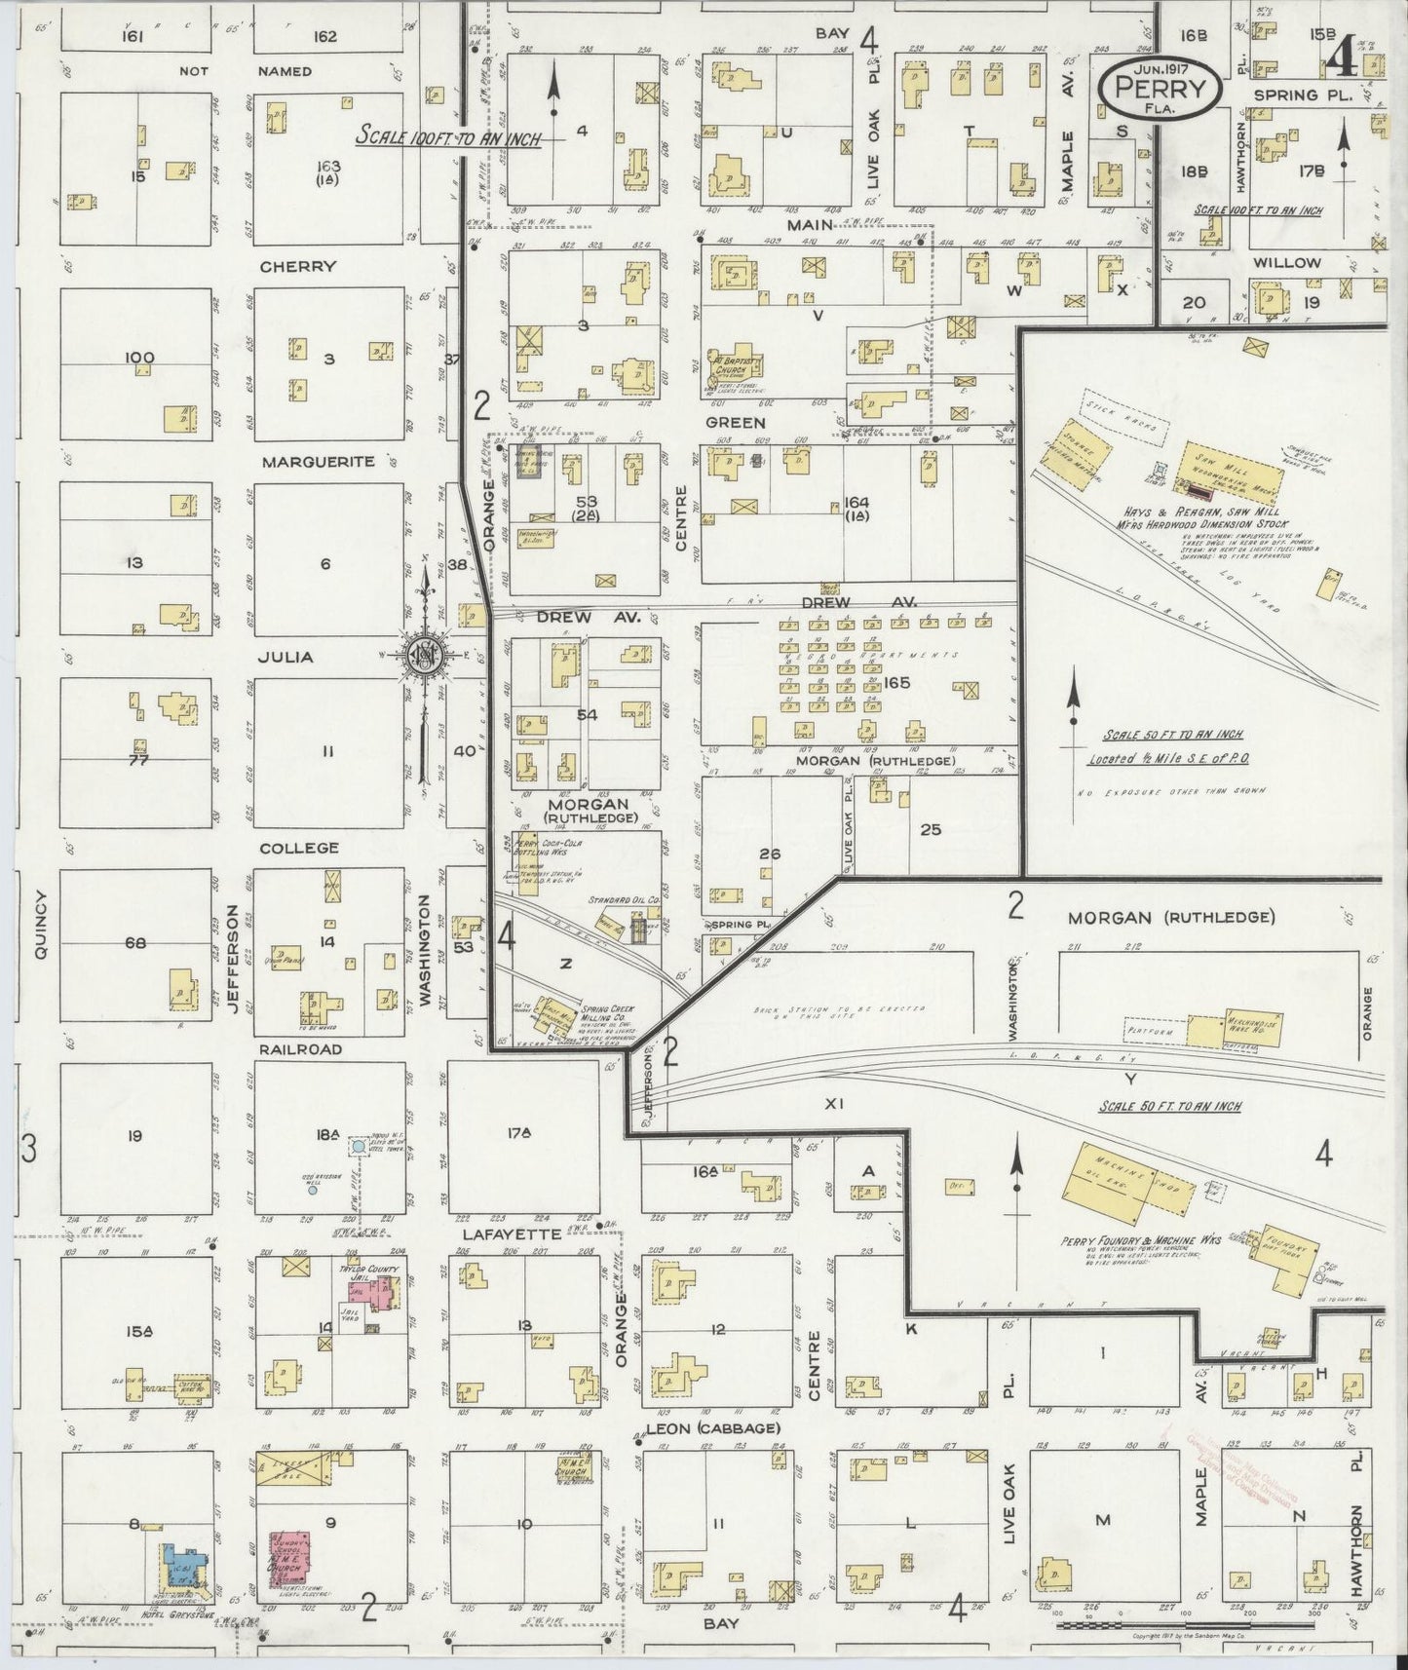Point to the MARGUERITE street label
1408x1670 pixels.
pyautogui.click(x=318, y=462)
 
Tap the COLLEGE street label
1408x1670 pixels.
pyautogui.click(x=300, y=849)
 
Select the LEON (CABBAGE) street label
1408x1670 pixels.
pyautogui.click(x=713, y=1429)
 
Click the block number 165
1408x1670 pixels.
pyautogui.click(x=896, y=683)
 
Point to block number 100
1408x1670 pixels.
pyautogui.click(x=138, y=358)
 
